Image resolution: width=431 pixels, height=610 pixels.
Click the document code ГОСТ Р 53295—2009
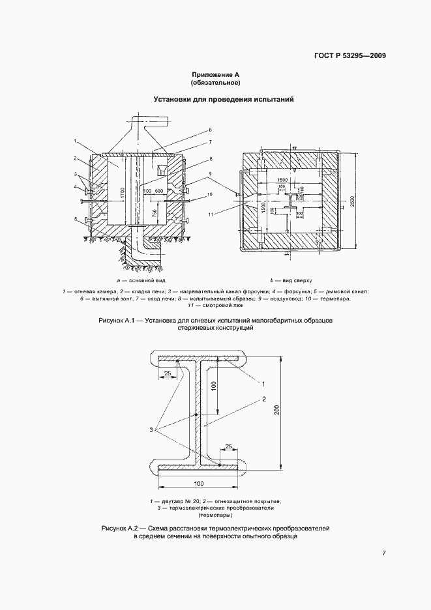(351, 55)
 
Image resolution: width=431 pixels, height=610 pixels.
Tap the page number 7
(384, 553)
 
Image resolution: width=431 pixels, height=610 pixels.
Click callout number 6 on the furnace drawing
(211, 130)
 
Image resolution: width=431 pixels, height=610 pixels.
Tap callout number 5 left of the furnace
(76, 219)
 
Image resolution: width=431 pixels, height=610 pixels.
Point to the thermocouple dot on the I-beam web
(197, 414)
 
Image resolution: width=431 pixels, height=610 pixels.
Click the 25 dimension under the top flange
(168, 373)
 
